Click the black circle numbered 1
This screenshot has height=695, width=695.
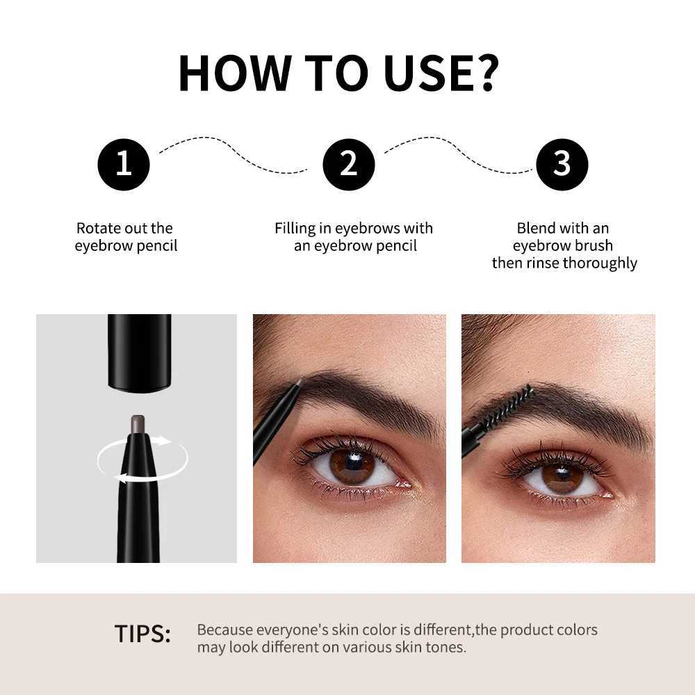coord(123,164)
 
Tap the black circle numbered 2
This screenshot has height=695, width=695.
coord(348,164)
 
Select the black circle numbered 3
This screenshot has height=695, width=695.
coord(562,164)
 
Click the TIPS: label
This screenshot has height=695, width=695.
coord(142,634)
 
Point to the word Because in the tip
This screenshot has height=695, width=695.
coord(225,630)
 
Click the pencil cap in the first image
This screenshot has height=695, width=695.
coord(139,351)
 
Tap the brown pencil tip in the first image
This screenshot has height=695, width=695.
coord(138,422)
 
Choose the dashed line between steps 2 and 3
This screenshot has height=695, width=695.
coord(459,151)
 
